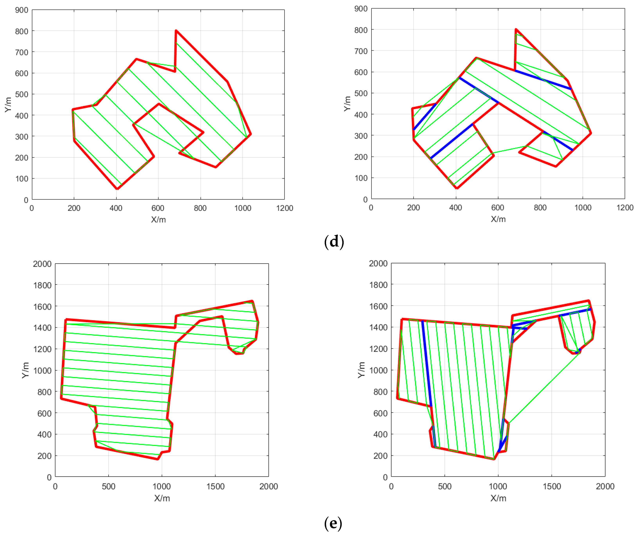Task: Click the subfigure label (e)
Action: tap(333, 523)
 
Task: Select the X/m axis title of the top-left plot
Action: tap(158, 219)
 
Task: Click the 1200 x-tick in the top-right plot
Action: tap(625, 208)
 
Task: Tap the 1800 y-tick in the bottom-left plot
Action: tap(42, 285)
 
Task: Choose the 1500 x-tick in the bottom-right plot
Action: tap(552, 486)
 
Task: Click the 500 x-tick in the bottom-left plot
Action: tap(109, 486)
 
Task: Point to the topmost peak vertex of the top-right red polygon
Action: tap(516, 29)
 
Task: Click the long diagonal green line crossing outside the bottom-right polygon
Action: tap(544, 388)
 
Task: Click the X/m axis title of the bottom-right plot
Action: tap(498, 498)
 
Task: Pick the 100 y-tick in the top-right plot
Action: tap(361, 178)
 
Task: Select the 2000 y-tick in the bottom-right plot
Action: tap(378, 263)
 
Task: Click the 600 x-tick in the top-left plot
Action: tap(158, 208)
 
